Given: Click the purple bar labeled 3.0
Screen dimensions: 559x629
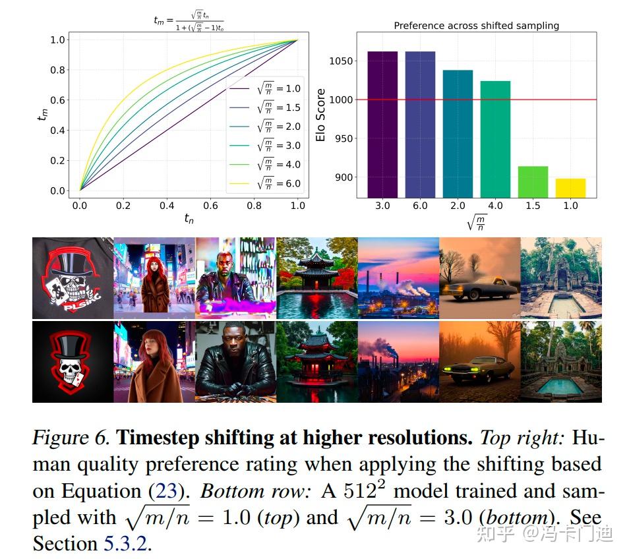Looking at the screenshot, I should tap(382, 124).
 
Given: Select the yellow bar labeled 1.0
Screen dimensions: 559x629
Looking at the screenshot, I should tap(570, 188).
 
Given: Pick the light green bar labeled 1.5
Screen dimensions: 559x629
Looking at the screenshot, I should tap(533, 182).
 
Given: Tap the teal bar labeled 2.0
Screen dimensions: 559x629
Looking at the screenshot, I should tap(458, 133).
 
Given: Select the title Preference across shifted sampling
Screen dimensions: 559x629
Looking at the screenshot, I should tap(476, 26).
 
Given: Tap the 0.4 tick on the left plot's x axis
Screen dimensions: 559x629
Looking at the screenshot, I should tap(167, 206).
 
